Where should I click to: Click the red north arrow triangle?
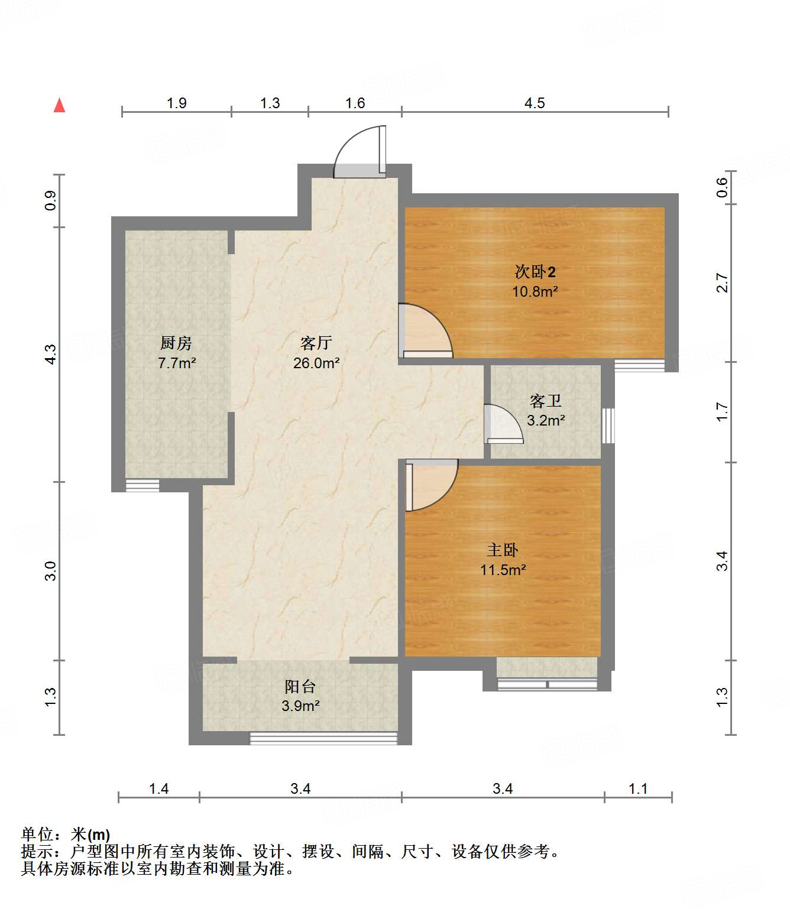coord(59,106)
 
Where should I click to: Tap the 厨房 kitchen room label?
coord(176,343)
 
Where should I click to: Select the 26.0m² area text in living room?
coord(316,363)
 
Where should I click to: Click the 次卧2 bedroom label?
coord(535,272)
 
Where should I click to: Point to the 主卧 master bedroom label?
coord(502,550)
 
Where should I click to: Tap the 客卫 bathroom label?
coord(545,401)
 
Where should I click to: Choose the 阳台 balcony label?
coord(300,687)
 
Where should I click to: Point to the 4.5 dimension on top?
coord(535,103)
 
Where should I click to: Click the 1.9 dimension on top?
coord(176,103)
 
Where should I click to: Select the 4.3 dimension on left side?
coord(51,355)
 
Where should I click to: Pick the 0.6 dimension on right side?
coord(722,188)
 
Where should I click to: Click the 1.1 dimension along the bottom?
coord(638,789)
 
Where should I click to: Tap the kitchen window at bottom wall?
coord(143,486)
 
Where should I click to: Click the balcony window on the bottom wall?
coord(323,738)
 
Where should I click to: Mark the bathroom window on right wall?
coord(608,426)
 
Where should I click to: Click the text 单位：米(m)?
coord(66,835)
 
